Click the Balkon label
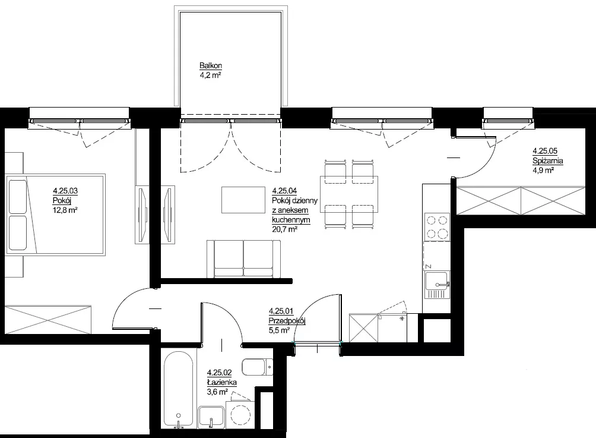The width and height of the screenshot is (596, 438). (x=211, y=66)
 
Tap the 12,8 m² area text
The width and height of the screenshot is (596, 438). (x=65, y=210)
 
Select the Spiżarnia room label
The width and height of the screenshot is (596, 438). (x=548, y=161)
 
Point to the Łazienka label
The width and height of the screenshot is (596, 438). (x=222, y=383)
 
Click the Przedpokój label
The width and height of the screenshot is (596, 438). (x=287, y=321)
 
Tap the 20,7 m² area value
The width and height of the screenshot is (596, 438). (x=284, y=229)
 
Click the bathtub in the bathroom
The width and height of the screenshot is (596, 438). (x=180, y=389)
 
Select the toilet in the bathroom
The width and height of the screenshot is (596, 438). (x=257, y=367)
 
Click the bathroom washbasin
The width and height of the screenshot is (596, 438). (x=211, y=417)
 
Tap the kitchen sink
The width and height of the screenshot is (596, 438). (x=437, y=285)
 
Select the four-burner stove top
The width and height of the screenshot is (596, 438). (x=437, y=227)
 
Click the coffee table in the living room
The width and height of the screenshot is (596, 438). (x=243, y=200)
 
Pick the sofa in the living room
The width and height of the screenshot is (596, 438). (x=243, y=259)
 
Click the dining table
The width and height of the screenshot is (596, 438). (x=349, y=194)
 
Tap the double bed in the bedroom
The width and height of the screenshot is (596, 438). (x=55, y=215)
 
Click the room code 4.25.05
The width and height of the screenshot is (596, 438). (x=545, y=151)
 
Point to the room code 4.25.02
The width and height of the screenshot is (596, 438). (x=219, y=373)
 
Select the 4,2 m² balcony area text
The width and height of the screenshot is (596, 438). (x=211, y=75)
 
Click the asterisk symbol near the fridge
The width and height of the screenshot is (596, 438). (x=402, y=317)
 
